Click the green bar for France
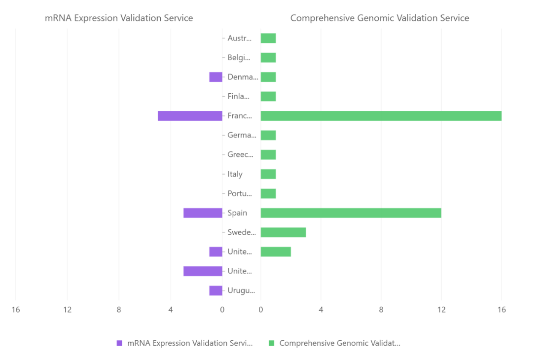[x=381, y=116]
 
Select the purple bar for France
[x=190, y=116]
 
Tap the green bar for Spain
[x=351, y=213]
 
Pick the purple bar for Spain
[x=203, y=213]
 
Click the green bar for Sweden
[x=283, y=232]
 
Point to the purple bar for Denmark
[x=216, y=77]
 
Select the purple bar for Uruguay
[x=216, y=290]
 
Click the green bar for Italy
[x=268, y=174]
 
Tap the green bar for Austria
[x=268, y=38]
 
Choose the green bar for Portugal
[x=268, y=193]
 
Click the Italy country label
[x=235, y=174]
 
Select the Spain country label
[x=237, y=213]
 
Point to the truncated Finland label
[x=239, y=97]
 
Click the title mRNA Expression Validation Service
[x=119, y=18]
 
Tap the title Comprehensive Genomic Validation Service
[x=380, y=18]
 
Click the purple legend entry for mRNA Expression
[x=185, y=343]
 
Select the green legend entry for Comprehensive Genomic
[x=335, y=343]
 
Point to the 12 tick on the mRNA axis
[x=67, y=310]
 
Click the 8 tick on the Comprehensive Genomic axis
[x=381, y=310]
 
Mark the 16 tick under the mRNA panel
[x=16, y=310]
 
